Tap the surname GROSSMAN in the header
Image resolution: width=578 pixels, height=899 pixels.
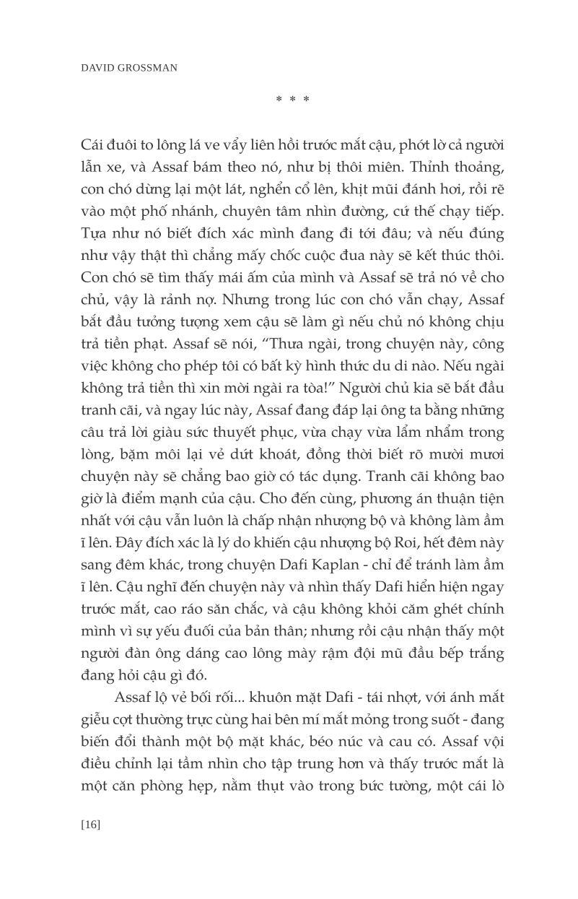point(149,68)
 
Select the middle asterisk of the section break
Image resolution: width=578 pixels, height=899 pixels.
point(293,100)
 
